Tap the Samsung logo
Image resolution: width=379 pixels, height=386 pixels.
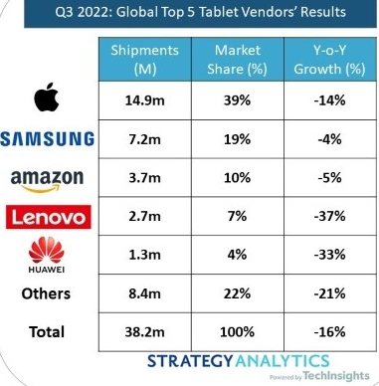(x=47, y=139)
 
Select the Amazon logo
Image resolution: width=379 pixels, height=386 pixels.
(x=47, y=180)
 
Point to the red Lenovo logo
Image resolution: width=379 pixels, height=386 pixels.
(x=49, y=217)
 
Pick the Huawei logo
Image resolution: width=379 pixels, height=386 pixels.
(x=47, y=255)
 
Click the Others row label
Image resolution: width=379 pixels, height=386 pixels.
(x=46, y=293)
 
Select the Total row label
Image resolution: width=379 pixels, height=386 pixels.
(x=47, y=332)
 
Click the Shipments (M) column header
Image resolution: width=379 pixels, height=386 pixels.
(x=145, y=60)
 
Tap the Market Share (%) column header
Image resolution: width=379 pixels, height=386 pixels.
(x=238, y=60)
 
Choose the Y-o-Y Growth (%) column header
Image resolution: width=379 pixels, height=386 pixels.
(x=330, y=60)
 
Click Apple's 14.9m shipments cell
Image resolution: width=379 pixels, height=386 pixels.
(x=145, y=100)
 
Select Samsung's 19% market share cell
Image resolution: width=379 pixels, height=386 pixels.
(x=238, y=139)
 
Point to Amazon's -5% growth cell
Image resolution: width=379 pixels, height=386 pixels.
(x=330, y=177)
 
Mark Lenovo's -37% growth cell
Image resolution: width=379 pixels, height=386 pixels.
(x=330, y=216)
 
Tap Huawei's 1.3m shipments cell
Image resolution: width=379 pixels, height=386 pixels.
(x=145, y=255)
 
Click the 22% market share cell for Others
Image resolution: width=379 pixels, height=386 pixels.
(x=238, y=293)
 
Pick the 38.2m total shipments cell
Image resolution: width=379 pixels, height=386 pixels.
(x=145, y=331)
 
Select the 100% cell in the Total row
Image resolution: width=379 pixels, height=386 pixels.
(x=238, y=331)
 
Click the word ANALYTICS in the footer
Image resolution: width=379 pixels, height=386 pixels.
(x=283, y=361)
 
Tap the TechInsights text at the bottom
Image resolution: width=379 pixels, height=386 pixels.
(x=336, y=376)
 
